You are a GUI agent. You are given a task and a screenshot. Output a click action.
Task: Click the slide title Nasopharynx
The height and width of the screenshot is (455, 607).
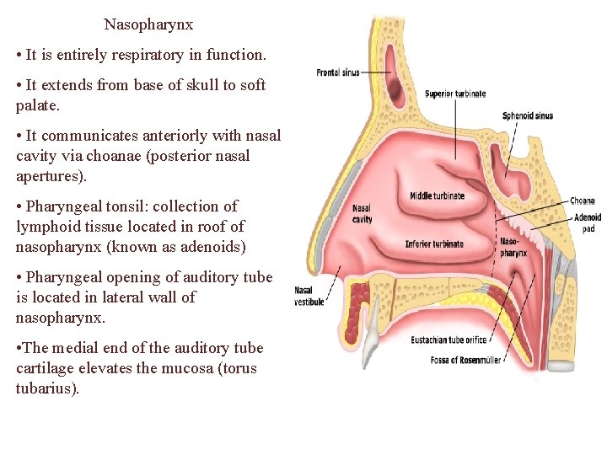pyautogui.click(x=148, y=24)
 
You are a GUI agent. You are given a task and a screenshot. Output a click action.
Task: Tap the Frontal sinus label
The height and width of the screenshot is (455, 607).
pyautogui.click(x=337, y=72)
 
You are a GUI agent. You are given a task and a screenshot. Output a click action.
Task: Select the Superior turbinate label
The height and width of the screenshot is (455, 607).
pyautogui.click(x=455, y=94)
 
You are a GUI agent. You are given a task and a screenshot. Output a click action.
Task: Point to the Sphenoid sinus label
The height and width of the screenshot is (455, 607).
pyautogui.click(x=527, y=115)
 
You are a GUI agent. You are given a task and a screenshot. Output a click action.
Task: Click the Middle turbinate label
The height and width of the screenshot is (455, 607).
pyautogui.click(x=437, y=196)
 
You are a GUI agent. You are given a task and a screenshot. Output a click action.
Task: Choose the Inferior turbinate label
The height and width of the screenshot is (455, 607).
pyautogui.click(x=433, y=244)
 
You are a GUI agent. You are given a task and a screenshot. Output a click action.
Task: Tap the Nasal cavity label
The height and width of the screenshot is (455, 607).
pyautogui.click(x=361, y=213)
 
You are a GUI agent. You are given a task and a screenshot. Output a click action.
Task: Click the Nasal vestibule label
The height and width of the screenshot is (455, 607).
pyautogui.click(x=309, y=296)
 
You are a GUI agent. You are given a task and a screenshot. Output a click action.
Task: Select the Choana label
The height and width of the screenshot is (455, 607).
pyautogui.click(x=582, y=201)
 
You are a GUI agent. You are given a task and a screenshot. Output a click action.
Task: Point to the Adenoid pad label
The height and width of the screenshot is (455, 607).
pyautogui.click(x=587, y=222)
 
